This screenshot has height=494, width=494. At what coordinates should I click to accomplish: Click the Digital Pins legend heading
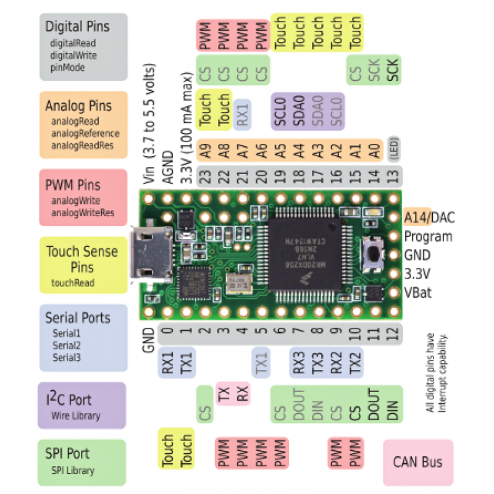pos(77,27)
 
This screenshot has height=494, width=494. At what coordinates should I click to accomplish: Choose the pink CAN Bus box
pos(418,461)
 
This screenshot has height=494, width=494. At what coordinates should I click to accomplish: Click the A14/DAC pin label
pos(429,217)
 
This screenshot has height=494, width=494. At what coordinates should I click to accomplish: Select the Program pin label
pos(428,237)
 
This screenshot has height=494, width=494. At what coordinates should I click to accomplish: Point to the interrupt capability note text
pos(435,374)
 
